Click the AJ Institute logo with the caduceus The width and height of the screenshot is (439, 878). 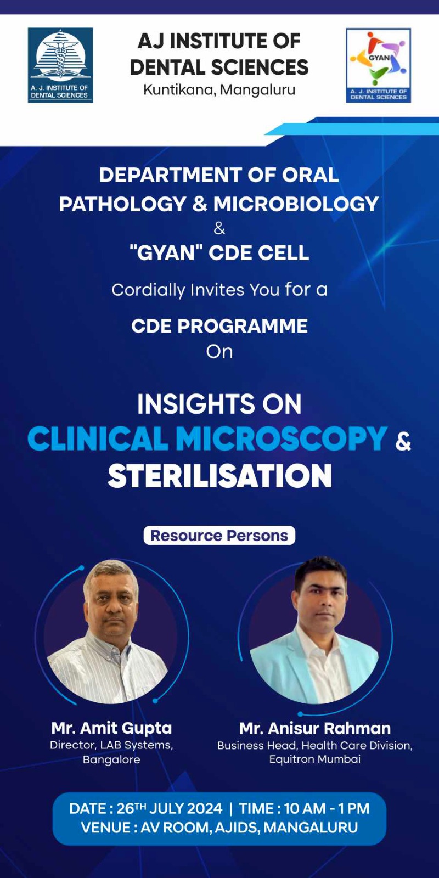[60, 65]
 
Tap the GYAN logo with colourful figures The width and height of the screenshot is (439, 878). [378, 65]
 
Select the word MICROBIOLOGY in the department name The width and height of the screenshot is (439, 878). [296, 204]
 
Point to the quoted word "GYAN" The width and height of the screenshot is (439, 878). [162, 252]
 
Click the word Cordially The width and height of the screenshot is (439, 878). [148, 291]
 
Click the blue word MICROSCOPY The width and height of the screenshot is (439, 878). [282, 438]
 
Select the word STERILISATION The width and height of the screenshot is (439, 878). [219, 476]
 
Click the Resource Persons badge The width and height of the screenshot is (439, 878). [219, 536]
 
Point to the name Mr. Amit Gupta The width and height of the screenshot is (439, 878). [112, 728]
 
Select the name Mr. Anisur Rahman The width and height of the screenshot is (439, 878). [315, 728]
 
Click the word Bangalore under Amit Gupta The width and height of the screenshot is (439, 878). [112, 759]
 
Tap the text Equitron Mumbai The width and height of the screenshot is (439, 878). [315, 759]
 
